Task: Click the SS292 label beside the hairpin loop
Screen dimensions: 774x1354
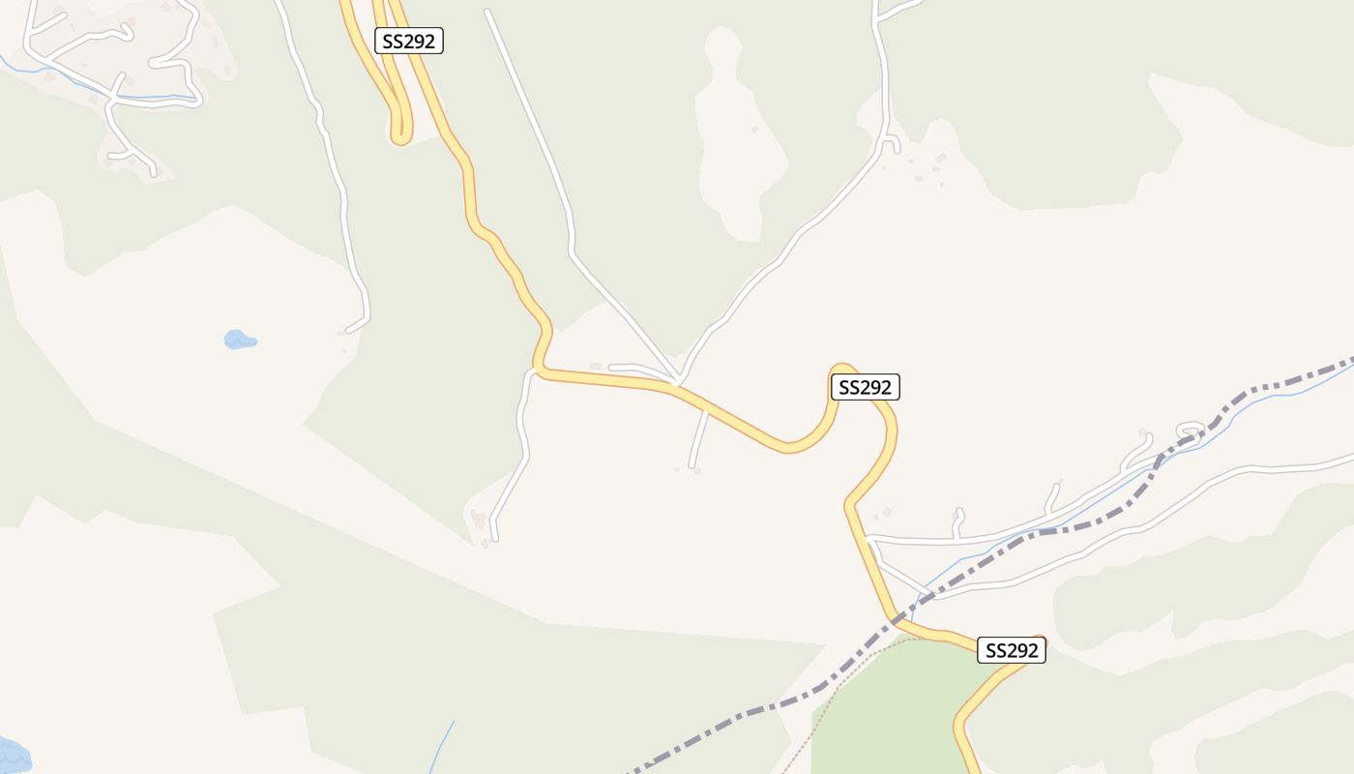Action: tap(408, 41)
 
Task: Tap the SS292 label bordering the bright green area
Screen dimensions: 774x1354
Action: tap(1011, 650)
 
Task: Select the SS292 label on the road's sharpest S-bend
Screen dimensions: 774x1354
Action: tap(865, 387)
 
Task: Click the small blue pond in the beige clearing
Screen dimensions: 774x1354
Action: tap(239, 340)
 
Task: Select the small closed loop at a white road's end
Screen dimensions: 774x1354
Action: tap(1191, 429)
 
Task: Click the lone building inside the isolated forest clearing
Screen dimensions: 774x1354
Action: tap(754, 129)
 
